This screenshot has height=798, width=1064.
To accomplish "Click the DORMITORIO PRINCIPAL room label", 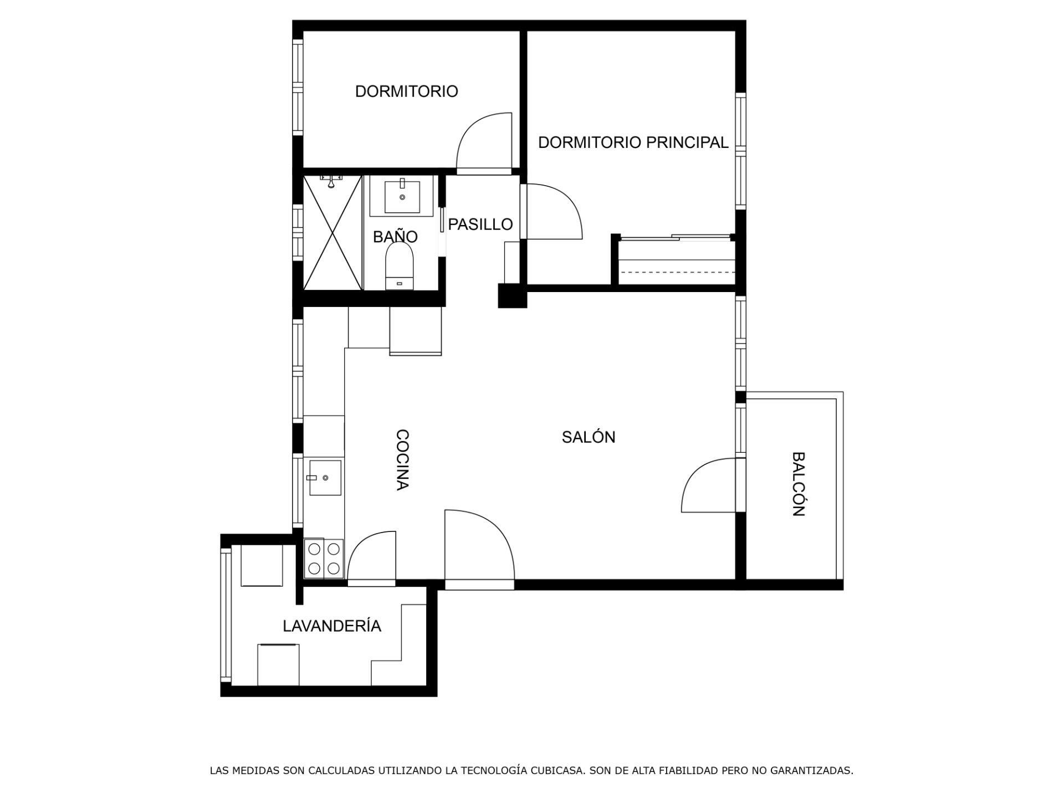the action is point(633,142).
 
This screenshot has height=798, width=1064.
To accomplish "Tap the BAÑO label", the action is point(395,237).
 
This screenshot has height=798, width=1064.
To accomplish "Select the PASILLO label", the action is point(480,224).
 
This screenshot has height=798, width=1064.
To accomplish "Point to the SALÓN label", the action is point(589,437).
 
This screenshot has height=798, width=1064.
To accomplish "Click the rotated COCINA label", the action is point(402,460).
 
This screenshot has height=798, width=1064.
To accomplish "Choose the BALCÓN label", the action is point(798,484).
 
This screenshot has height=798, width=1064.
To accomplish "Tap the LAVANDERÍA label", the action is point(332,626).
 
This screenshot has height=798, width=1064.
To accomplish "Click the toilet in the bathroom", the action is point(400,267).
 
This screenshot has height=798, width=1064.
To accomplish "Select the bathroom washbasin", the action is point(402,197).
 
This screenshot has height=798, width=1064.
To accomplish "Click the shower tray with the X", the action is point(332,232).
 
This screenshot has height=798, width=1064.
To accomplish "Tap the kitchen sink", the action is point(325,477).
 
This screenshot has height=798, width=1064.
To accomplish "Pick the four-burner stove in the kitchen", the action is point(324,559).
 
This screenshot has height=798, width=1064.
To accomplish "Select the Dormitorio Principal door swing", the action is point(553,211).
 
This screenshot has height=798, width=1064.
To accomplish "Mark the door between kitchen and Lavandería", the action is point(371,557).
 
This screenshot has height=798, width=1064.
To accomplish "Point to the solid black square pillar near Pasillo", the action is point(512,295).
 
